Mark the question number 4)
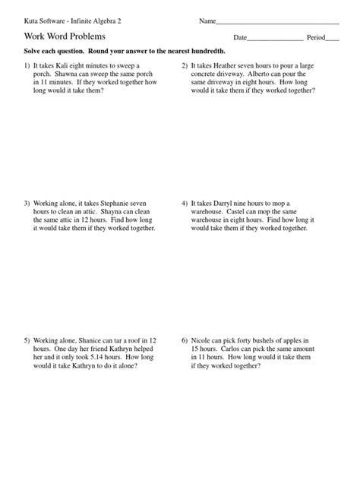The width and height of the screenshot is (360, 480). pyautogui.click(x=184, y=204)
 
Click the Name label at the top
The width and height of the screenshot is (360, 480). pyautogui.click(x=207, y=21)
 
